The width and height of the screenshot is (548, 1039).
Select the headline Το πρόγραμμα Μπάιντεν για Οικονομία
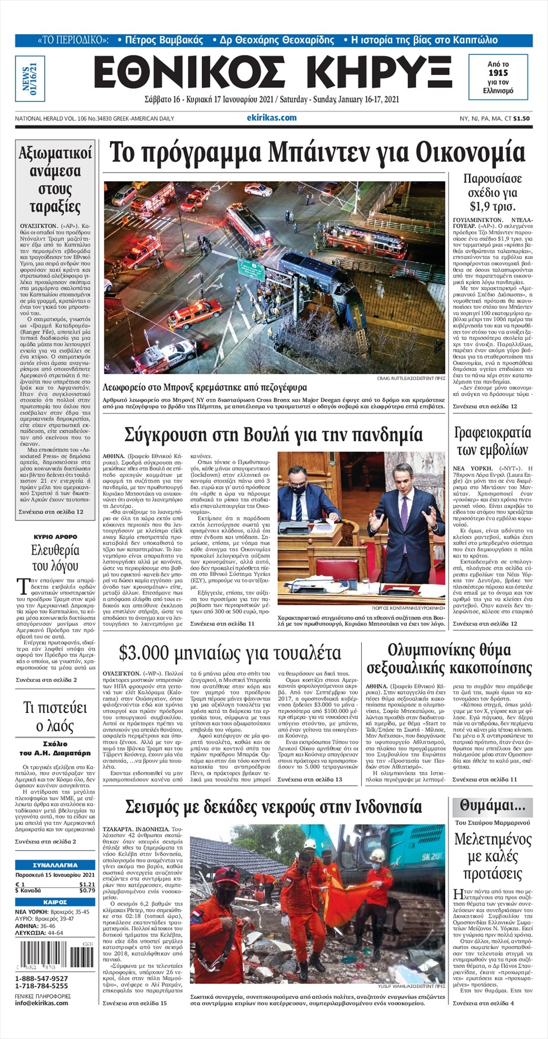click(x=317, y=153)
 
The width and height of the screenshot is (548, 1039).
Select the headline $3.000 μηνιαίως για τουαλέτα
click(x=229, y=653)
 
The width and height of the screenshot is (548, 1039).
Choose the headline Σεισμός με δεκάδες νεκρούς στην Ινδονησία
click(x=273, y=807)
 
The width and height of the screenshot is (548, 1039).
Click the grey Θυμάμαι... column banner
click(x=492, y=806)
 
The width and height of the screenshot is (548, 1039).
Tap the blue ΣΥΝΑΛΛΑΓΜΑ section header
click(x=55, y=865)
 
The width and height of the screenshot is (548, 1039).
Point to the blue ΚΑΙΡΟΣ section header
click(x=55, y=902)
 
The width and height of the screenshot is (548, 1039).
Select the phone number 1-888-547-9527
click(x=41, y=978)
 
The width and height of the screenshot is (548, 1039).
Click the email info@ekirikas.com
click(x=41, y=1002)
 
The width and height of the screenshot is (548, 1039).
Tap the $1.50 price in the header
click(x=521, y=119)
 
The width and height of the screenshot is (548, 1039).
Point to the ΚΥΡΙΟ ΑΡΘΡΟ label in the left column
click(x=55, y=537)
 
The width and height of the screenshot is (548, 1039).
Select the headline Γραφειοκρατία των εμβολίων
click(x=492, y=441)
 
